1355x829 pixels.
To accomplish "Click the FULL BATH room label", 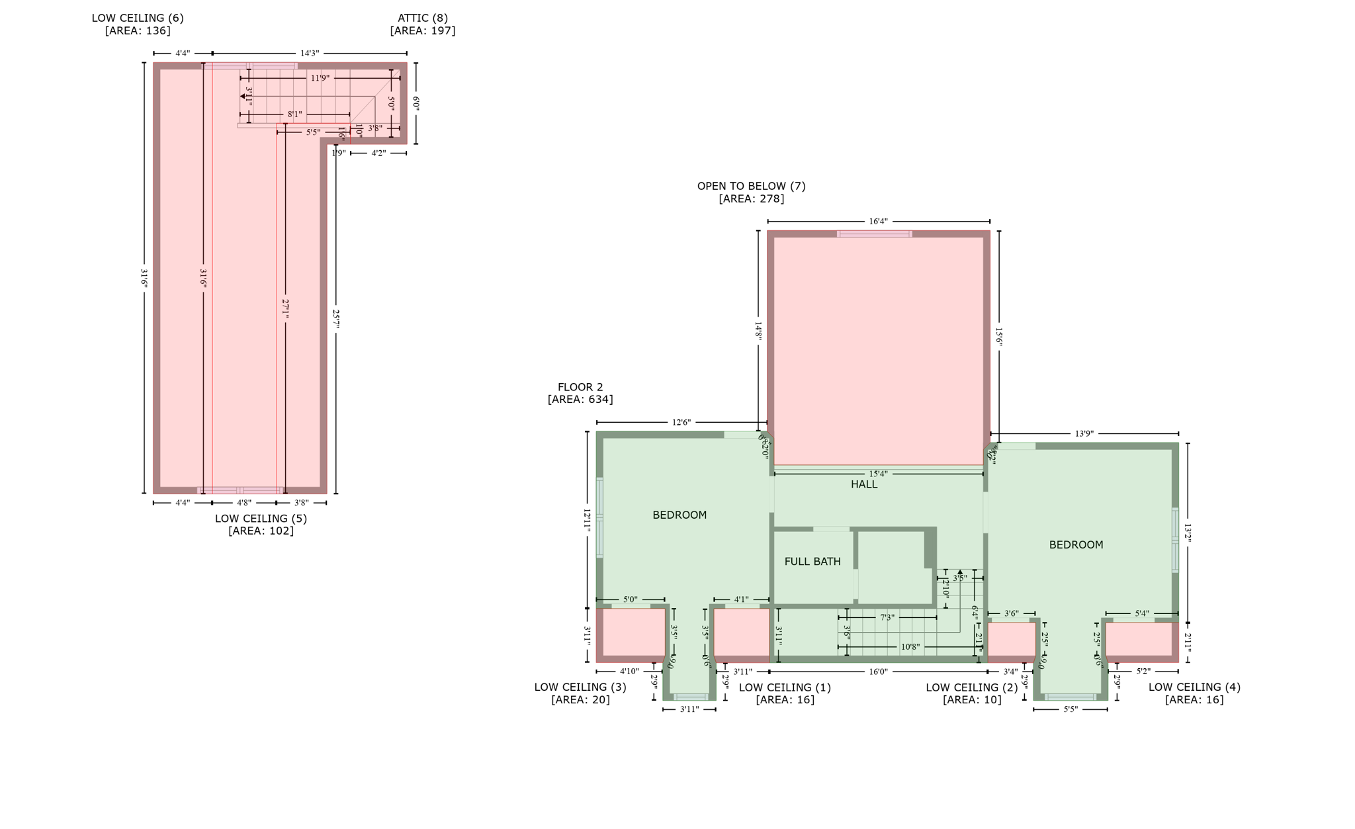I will [812, 561].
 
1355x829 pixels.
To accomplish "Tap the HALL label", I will [863, 484].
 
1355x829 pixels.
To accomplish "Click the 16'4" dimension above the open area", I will [878, 222].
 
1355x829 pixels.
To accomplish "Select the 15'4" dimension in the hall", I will [878, 474].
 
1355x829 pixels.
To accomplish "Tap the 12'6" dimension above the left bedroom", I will [681, 422].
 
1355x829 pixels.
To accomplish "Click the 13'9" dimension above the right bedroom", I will [1084, 433].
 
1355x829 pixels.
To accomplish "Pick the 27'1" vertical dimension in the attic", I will [285, 309].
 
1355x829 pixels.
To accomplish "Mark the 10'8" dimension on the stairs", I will [910, 646].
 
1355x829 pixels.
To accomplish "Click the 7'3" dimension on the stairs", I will [887, 617].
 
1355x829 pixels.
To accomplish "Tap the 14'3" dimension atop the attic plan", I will [309, 53].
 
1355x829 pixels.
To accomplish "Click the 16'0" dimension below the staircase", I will [878, 672].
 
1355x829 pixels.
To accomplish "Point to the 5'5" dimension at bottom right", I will [1070, 709].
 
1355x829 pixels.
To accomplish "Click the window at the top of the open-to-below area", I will [874, 234].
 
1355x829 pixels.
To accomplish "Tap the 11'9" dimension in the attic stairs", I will [320, 78].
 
